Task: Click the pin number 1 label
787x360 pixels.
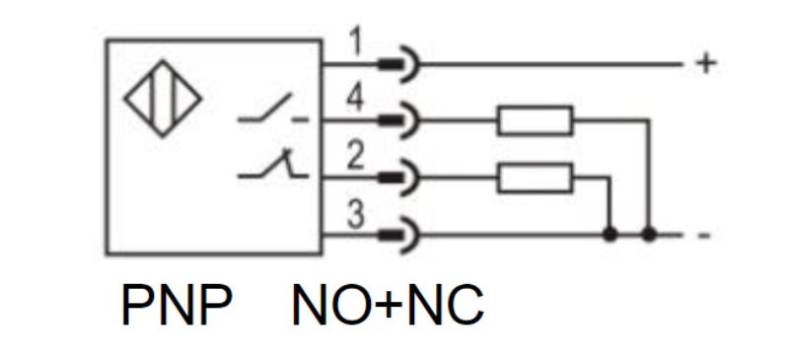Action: click(x=356, y=43)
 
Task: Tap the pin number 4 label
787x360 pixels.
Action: click(x=355, y=99)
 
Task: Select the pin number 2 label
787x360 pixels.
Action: click(x=355, y=156)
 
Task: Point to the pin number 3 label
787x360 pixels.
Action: click(x=355, y=215)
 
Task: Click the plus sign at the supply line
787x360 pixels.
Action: click(x=706, y=64)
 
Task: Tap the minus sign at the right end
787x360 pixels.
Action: click(x=705, y=235)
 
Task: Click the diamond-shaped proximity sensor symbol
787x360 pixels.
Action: click(x=163, y=99)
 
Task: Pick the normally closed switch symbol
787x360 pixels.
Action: click(x=273, y=164)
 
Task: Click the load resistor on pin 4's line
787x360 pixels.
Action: click(x=536, y=120)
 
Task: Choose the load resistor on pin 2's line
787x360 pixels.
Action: click(x=536, y=178)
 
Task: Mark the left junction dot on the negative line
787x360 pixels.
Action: click(x=609, y=235)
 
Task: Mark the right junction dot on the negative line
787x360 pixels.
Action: click(x=649, y=235)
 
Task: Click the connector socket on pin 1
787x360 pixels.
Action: click(x=398, y=64)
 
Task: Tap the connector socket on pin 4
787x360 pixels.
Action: click(x=398, y=120)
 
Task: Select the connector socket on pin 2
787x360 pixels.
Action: click(x=398, y=178)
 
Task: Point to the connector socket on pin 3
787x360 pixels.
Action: click(x=398, y=235)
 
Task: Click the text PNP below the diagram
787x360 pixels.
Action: click(x=177, y=305)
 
